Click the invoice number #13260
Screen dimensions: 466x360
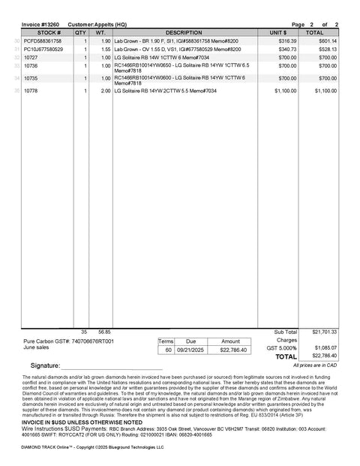point(37,25)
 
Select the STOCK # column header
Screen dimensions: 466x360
point(48,33)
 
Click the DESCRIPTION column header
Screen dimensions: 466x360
point(184,33)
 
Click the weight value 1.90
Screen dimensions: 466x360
point(106,41)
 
